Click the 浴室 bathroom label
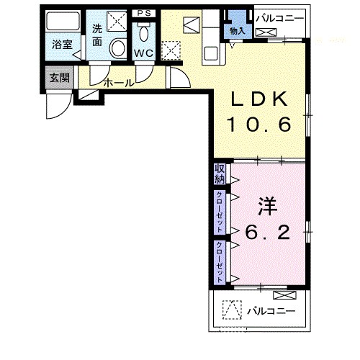pos(62,45)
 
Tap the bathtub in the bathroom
pos(63,21)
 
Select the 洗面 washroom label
pos(97,35)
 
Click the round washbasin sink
pos(118,48)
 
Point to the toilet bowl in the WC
pos(144,34)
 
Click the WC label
pos(143,53)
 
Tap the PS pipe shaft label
pos(144,13)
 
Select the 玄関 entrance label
pos(60,78)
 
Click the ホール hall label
pos(119,83)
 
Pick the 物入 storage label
pos(237,31)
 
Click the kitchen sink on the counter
pos(211,53)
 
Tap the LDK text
pos(260,99)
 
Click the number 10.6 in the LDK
pos(260,125)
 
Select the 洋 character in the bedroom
pos(268,206)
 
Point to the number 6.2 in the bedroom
pos(268,232)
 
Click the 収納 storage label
pos(220,174)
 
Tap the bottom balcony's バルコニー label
pos(271,311)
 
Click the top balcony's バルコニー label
pos(280,19)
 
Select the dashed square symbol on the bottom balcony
pos(232,310)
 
